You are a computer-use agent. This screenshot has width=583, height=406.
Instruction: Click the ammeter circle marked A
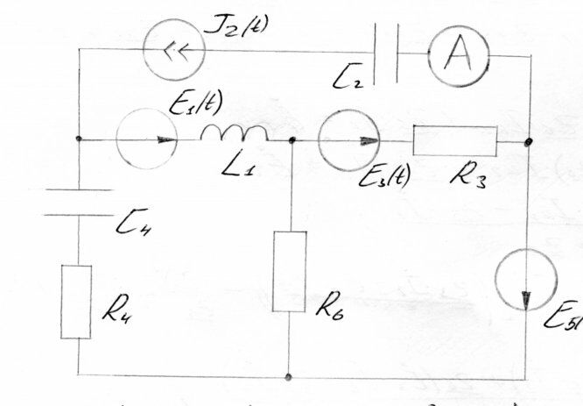coord(456,55)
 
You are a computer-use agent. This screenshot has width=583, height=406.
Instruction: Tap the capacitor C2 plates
coord(385,55)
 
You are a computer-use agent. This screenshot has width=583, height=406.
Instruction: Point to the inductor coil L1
coord(235,134)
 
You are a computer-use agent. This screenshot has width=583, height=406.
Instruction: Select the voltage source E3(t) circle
coord(350,140)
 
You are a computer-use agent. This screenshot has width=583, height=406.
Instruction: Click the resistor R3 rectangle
coord(454,141)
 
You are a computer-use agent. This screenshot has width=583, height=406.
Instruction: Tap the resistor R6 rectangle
coord(289,271)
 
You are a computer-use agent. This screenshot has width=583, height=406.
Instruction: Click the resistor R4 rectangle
coord(76,302)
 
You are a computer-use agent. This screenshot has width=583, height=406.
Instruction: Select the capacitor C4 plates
coord(77,200)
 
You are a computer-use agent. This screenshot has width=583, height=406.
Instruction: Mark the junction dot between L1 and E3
coord(291,139)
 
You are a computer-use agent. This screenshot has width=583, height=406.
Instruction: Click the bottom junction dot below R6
coord(289,377)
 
